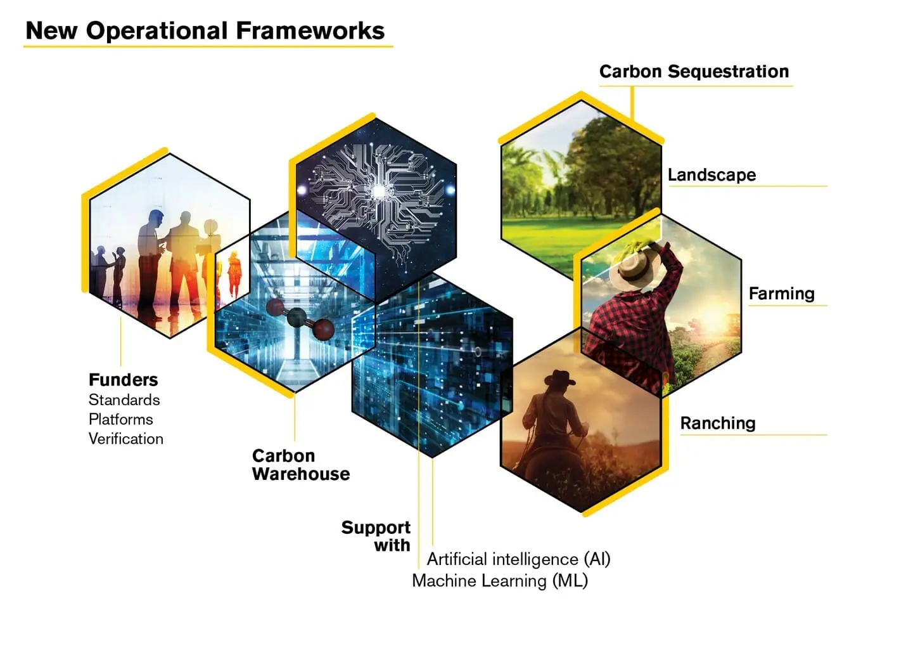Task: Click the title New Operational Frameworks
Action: click(205, 30)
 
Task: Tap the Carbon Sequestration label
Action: click(694, 72)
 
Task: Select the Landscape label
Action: click(712, 175)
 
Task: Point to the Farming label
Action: click(781, 294)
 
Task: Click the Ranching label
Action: click(718, 423)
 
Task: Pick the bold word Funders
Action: click(124, 380)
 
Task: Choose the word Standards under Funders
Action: click(124, 400)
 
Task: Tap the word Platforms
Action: click(121, 419)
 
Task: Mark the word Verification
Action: click(126, 439)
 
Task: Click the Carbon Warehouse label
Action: click(301, 465)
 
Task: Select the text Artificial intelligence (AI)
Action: click(518, 559)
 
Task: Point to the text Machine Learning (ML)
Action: click(500, 581)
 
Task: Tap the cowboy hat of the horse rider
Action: click(560, 379)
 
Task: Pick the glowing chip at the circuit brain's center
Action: click(379, 191)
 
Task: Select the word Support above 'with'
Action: click(376, 528)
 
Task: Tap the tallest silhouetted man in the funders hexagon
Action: click(150, 263)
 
